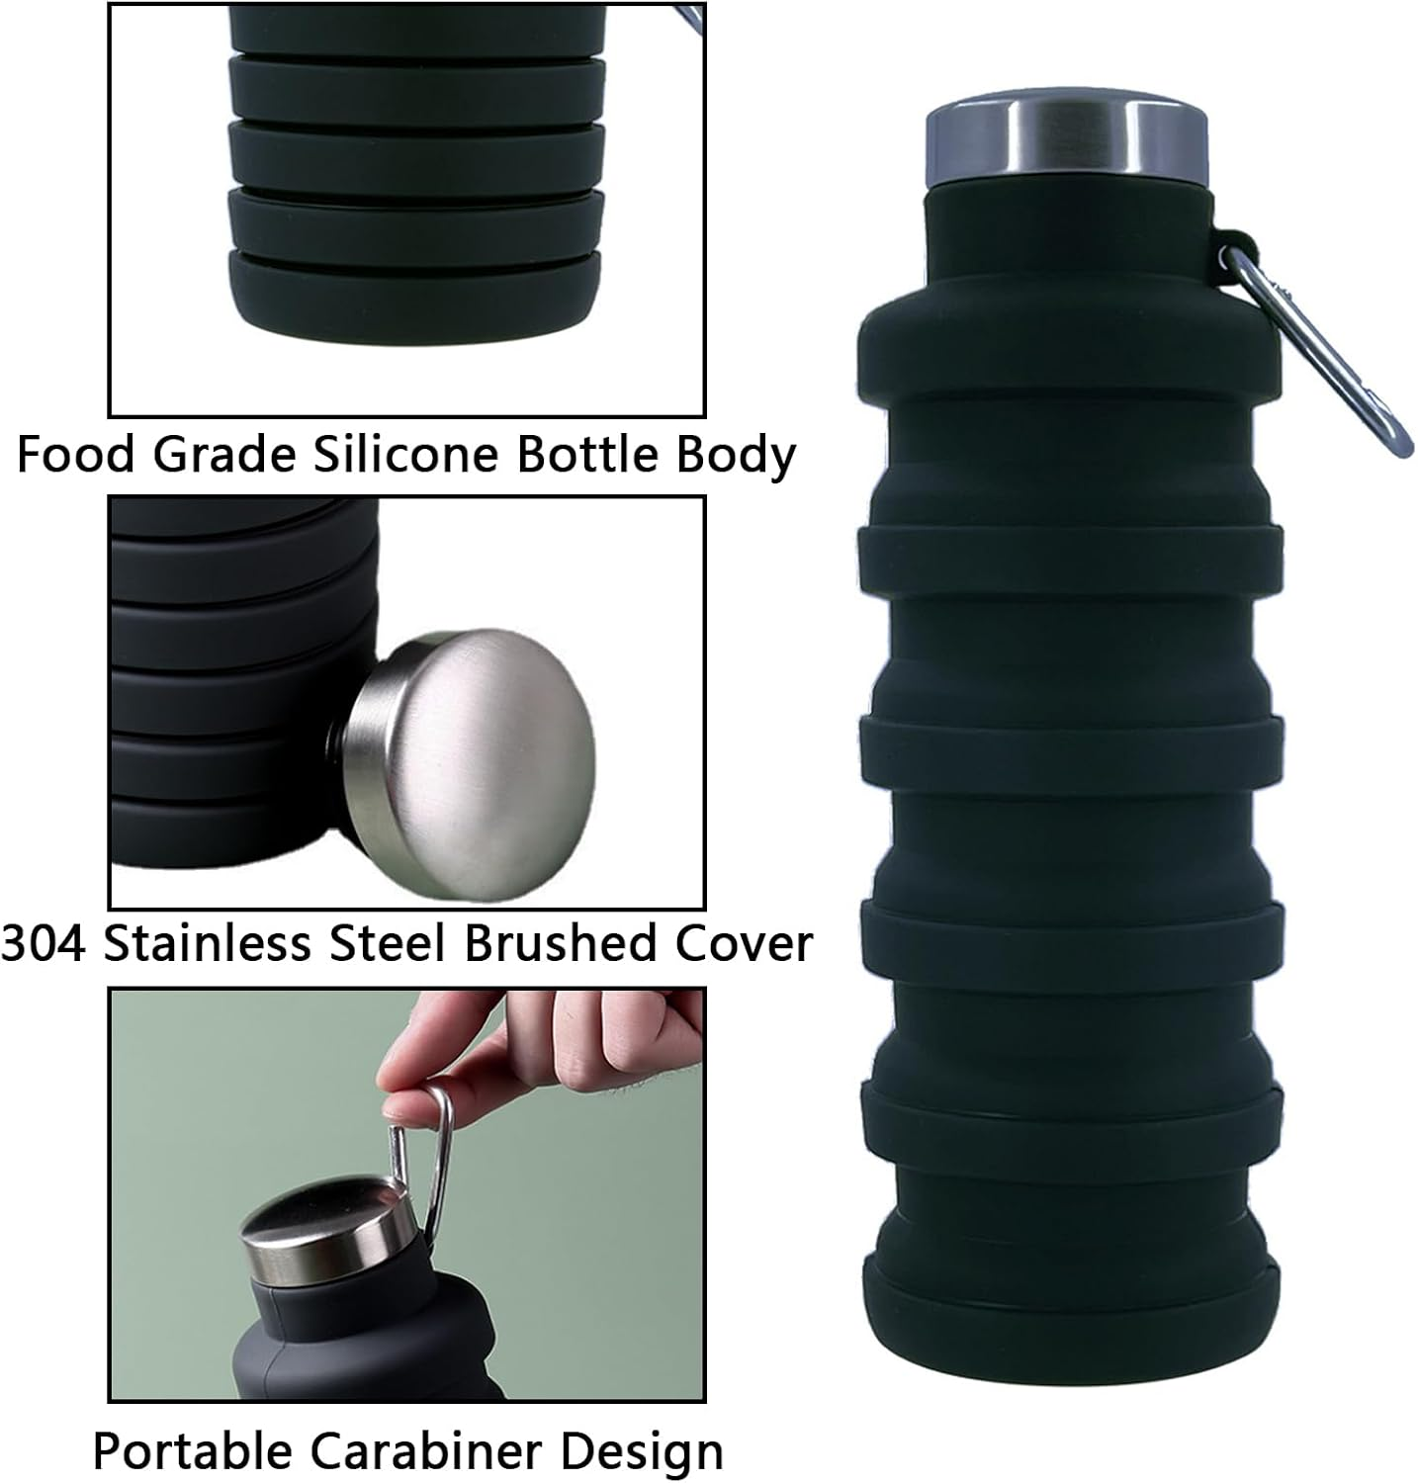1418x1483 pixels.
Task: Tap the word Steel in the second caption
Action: click(390, 943)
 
